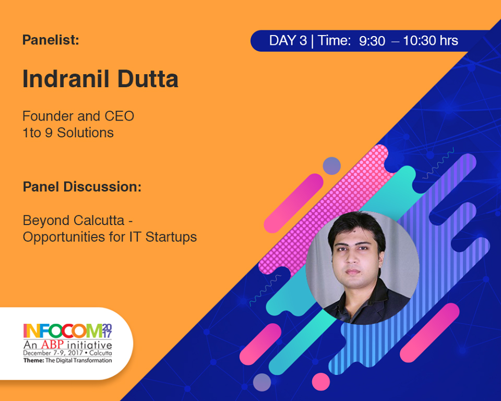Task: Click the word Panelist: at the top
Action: click(51, 40)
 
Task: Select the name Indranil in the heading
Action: click(66, 79)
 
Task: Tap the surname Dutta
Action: click(148, 79)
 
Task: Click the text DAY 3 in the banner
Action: click(288, 41)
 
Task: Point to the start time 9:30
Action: click(372, 41)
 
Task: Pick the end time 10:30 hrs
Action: click(431, 41)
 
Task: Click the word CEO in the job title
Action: click(119, 116)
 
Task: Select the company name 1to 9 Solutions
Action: click(68, 133)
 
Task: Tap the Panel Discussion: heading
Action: click(82, 187)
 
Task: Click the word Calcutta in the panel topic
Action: click(99, 220)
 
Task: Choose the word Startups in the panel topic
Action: click(171, 237)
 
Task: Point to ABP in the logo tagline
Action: click(52, 345)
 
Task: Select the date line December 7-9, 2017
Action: click(53, 353)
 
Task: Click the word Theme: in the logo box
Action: click(33, 360)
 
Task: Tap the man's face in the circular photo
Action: click(353, 255)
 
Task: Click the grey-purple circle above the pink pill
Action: click(332, 166)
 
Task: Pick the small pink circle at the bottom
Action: click(321, 382)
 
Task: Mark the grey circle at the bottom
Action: click(262, 382)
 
